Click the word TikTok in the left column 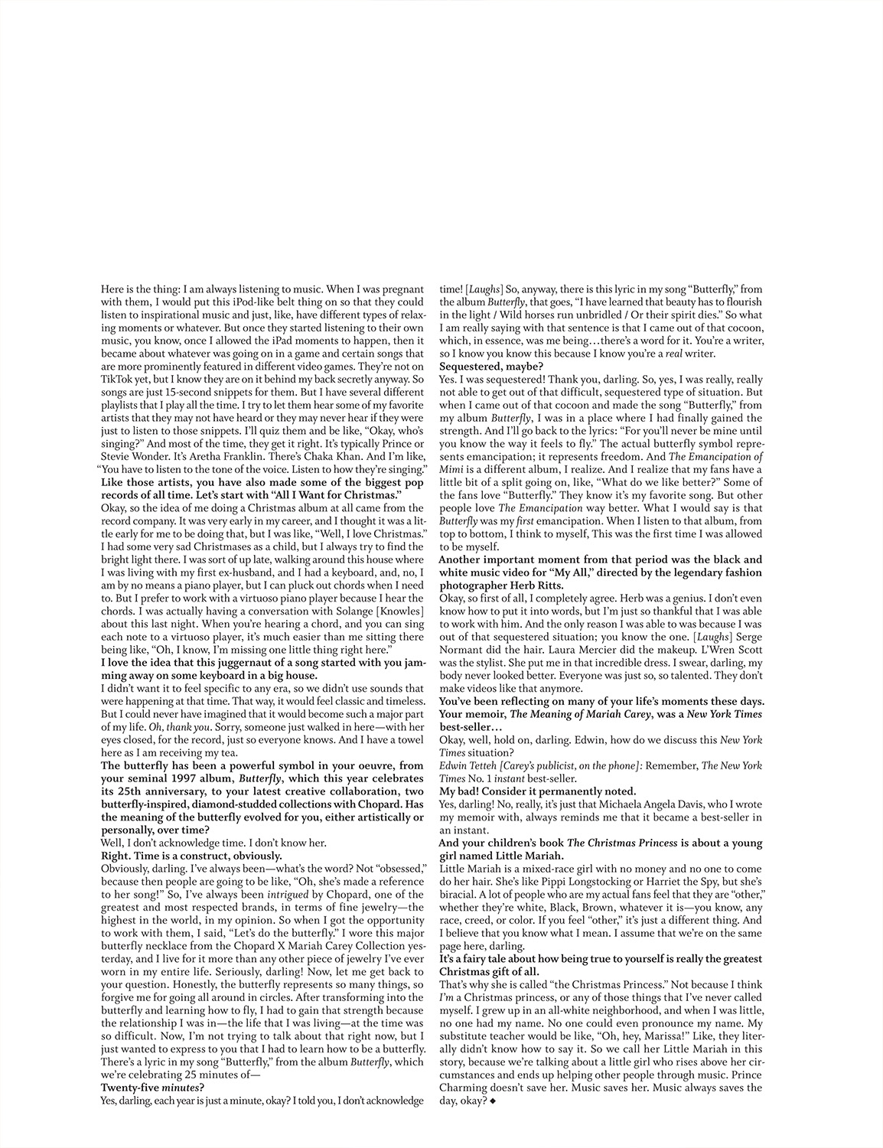point(117,377)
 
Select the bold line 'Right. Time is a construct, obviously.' point(191,856)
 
